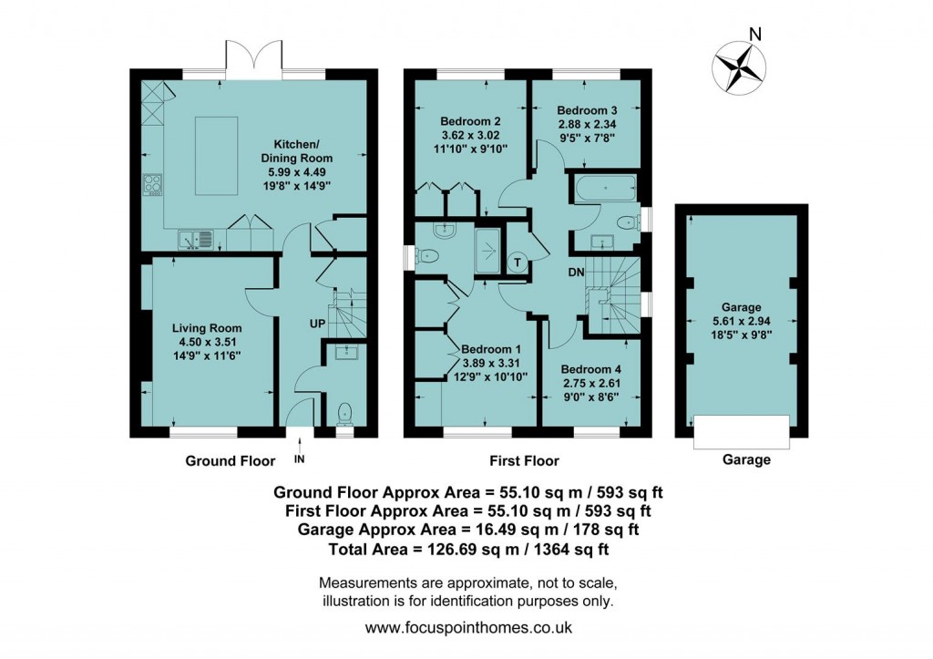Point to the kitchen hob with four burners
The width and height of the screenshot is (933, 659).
coord(152,186)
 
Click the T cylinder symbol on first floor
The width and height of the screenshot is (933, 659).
coord(518,263)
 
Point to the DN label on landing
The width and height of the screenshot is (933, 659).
coord(576,273)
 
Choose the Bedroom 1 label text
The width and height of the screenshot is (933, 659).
coord(491,349)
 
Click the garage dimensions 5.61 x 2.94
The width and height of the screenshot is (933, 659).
coord(742,322)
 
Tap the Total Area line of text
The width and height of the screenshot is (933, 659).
coord(468,550)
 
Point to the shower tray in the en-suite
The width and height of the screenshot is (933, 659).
coord(488,251)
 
